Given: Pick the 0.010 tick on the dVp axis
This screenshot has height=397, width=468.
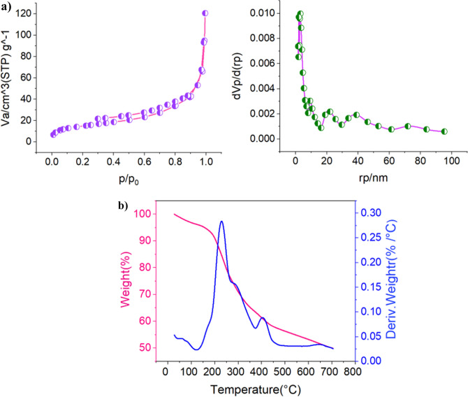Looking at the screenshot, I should (272, 13).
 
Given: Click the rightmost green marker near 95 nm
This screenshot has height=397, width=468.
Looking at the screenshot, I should (444, 131).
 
